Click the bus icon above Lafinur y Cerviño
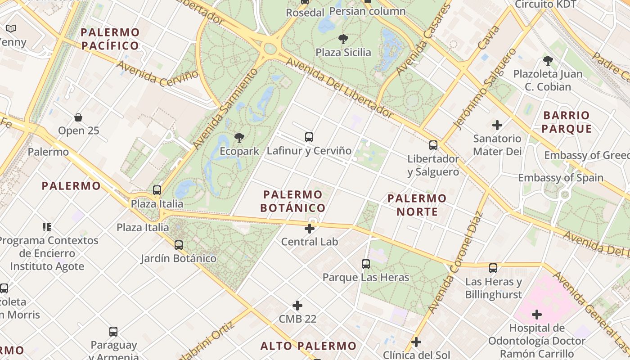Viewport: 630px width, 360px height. (x=309, y=137)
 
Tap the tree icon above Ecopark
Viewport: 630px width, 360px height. (x=239, y=138)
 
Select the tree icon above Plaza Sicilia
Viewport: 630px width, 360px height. (x=343, y=39)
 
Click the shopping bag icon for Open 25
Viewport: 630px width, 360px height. (x=78, y=117)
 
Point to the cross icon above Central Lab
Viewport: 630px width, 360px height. (x=310, y=229)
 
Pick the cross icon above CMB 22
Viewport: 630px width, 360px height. (x=297, y=306)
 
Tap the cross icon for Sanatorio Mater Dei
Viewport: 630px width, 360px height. (x=497, y=125)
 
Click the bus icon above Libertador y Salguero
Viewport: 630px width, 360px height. (x=433, y=145)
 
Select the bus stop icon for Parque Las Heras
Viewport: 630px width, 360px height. (x=366, y=264)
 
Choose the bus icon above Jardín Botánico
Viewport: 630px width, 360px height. (x=179, y=245)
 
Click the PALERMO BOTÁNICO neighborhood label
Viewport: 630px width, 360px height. (x=293, y=201)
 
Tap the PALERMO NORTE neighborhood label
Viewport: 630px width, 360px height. (x=417, y=205)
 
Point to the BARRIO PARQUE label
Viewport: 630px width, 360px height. (x=567, y=122)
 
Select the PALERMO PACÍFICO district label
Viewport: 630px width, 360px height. (x=110, y=39)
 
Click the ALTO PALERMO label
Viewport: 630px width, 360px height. (x=309, y=346)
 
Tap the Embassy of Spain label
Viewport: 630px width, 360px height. (x=561, y=177)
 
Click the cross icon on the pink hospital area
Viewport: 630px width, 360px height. (x=537, y=315)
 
